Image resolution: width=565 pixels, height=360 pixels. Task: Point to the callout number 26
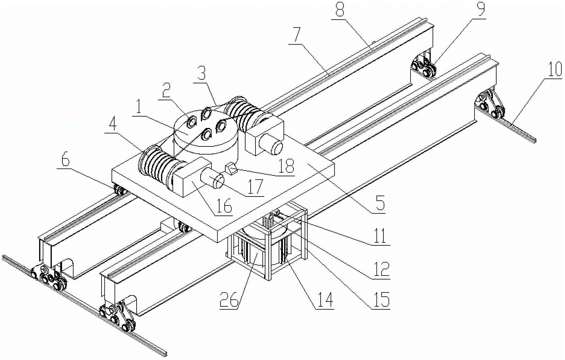point(229,300)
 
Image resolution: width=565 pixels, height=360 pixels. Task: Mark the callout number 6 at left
point(66,161)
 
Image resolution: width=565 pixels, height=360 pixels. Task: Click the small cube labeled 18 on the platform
point(231,169)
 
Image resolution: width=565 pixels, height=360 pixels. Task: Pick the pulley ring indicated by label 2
point(192,122)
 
